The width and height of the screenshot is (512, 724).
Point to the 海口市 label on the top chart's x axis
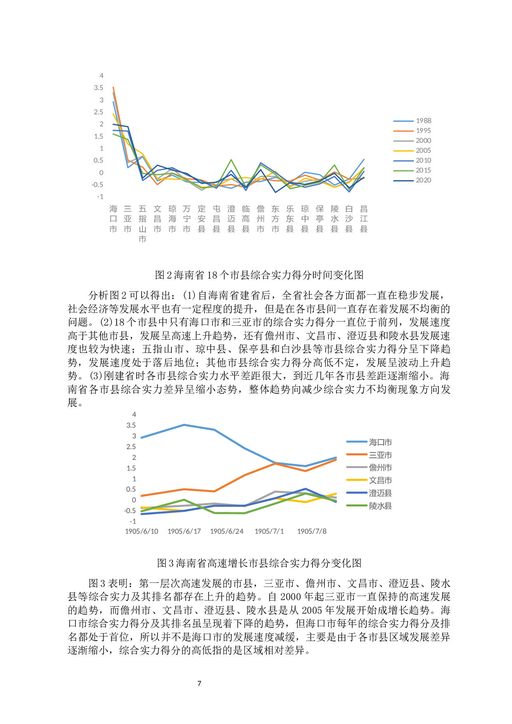pos(113,219)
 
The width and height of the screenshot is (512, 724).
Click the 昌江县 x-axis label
pos(364,219)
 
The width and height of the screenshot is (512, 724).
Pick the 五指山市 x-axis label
pos(142,224)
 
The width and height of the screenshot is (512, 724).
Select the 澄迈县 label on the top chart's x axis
pos(231,219)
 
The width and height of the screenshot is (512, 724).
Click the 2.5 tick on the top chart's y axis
pos(99,112)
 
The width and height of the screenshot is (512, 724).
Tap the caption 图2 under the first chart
pos(259,275)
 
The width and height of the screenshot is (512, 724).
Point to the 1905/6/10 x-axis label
pos(142,531)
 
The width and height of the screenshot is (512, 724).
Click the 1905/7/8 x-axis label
pos(312,531)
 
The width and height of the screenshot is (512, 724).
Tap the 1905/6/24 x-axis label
pos(227,531)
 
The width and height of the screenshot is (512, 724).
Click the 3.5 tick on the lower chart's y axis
pos(131,425)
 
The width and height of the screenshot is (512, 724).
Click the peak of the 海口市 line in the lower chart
pos(184,425)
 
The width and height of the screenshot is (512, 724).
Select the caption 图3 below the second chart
pos(259,563)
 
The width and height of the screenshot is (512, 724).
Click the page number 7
pos(199,683)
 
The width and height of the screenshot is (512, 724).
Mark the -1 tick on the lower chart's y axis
pos(133,521)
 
